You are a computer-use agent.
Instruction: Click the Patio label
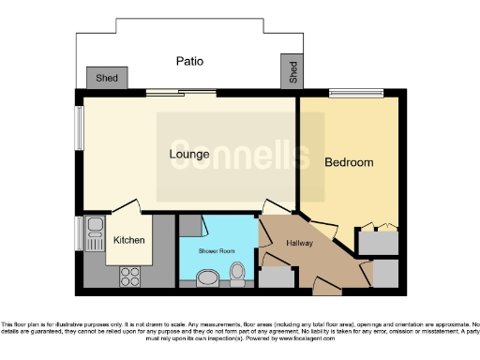[189, 62]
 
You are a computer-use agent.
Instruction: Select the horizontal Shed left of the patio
[107, 78]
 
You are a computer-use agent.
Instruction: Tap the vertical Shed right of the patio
[292, 71]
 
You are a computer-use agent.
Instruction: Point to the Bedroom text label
[349, 162]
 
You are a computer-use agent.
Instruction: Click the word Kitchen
[129, 240]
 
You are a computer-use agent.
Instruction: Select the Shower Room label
[215, 251]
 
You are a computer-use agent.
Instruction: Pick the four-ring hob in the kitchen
[129, 277]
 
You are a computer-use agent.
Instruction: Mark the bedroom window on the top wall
[353, 92]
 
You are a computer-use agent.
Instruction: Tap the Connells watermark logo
[239, 153]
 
